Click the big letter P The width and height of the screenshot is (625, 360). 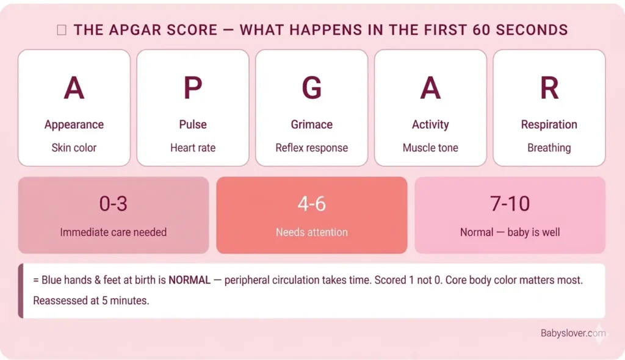click(x=193, y=89)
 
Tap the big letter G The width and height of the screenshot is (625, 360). click(x=312, y=89)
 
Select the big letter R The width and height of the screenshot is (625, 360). click(x=549, y=89)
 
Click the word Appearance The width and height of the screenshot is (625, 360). click(x=74, y=124)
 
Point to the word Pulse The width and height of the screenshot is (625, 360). click(x=193, y=124)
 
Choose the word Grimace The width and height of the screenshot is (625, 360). click(x=312, y=124)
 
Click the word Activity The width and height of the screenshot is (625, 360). click(x=430, y=124)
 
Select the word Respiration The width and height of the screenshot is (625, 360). click(x=549, y=124)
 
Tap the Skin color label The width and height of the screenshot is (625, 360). click(x=74, y=148)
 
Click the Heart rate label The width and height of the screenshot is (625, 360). click(x=193, y=148)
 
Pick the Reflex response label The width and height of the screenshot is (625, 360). click(x=312, y=148)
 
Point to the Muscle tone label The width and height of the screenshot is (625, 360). click(x=430, y=148)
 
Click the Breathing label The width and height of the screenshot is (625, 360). click(x=549, y=148)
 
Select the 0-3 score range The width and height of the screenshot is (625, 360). click(x=114, y=204)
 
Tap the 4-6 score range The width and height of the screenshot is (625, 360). click(x=312, y=204)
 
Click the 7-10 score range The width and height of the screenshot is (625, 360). click(x=510, y=204)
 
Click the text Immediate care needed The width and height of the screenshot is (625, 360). click(x=114, y=232)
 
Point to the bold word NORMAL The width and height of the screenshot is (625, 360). click(x=189, y=281)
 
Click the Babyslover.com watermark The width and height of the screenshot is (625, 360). click(x=573, y=333)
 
